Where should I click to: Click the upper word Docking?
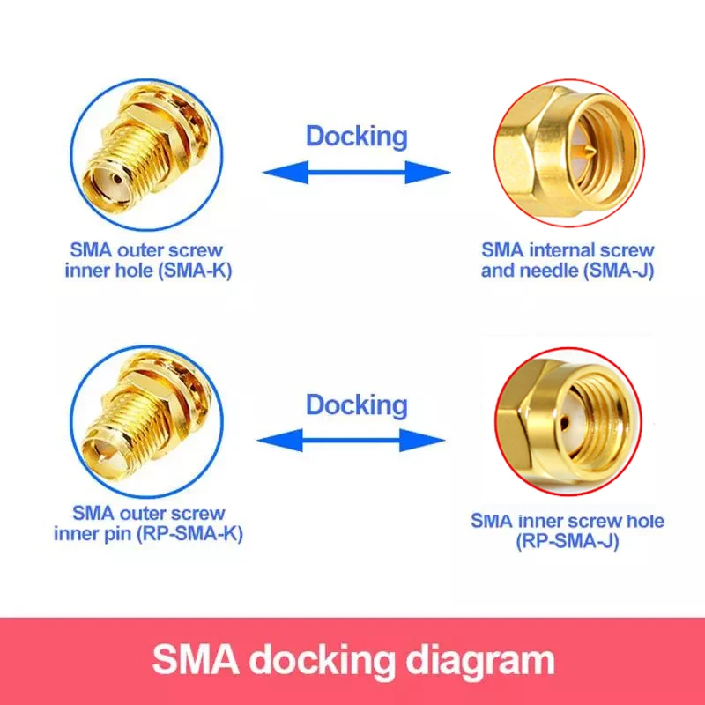(x=357, y=137)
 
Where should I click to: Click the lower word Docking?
(x=357, y=405)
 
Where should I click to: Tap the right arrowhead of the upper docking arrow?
(x=427, y=172)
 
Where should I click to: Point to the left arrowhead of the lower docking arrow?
(x=279, y=440)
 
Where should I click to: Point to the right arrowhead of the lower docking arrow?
(x=422, y=440)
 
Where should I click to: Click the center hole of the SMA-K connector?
(x=117, y=180)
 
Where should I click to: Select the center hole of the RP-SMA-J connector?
(x=565, y=422)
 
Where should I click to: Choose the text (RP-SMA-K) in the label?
(x=190, y=534)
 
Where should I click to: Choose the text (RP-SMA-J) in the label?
(x=568, y=541)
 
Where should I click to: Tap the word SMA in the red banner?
(x=195, y=659)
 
